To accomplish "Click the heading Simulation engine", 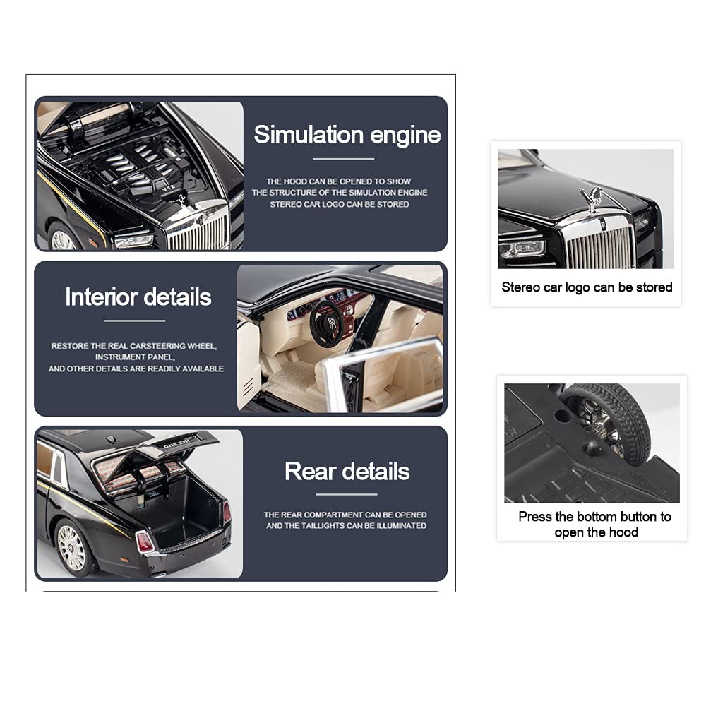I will point(347,135).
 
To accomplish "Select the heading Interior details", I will point(138,297).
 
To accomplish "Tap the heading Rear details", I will point(347,472).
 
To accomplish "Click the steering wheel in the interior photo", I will point(326,324).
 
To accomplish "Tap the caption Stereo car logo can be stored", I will point(587,287).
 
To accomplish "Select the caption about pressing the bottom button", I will point(594,525).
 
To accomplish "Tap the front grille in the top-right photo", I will point(601,246).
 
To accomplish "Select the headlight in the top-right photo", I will point(523,249).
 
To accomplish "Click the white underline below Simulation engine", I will point(343,159).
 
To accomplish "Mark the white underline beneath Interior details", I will point(134,321).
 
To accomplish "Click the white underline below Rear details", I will point(346,494).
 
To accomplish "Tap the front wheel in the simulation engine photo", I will point(62,239).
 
